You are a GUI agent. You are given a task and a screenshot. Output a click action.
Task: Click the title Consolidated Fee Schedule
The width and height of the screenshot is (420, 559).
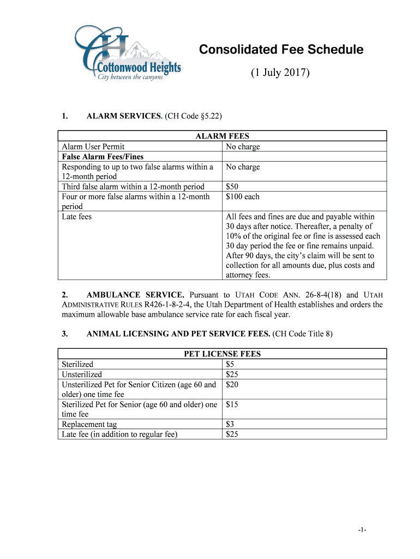281,50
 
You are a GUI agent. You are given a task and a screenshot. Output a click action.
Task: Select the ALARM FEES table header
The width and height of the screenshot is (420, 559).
222,136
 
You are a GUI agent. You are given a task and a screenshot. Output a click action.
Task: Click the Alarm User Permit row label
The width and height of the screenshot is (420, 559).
93,146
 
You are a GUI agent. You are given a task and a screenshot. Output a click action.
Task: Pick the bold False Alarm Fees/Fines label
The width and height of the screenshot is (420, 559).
103,157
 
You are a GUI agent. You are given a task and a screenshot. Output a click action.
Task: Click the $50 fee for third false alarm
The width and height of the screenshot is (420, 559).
232,187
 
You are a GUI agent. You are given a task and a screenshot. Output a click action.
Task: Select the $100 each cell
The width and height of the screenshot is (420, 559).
242,197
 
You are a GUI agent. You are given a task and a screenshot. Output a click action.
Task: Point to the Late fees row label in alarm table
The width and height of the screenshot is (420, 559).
77,217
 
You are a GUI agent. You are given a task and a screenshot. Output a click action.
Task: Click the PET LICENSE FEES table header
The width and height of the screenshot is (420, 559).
222,354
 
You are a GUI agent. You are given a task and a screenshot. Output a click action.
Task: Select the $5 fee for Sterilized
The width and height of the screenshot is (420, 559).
230,364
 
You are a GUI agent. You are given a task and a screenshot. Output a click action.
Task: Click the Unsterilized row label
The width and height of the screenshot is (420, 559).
82,374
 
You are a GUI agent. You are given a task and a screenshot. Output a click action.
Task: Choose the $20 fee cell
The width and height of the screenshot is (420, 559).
232,385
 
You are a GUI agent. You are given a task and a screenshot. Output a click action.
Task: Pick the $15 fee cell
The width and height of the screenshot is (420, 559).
232,405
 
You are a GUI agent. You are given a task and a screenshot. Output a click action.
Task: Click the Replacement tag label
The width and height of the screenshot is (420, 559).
89,424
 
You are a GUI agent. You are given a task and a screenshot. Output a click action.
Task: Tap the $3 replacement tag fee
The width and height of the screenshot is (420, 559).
230,424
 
